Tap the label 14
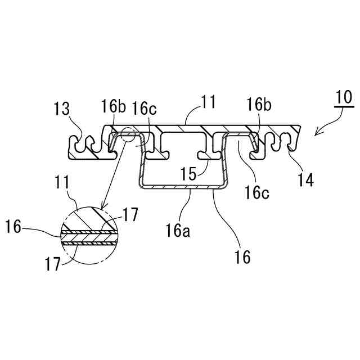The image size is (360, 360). (x=306, y=180)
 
